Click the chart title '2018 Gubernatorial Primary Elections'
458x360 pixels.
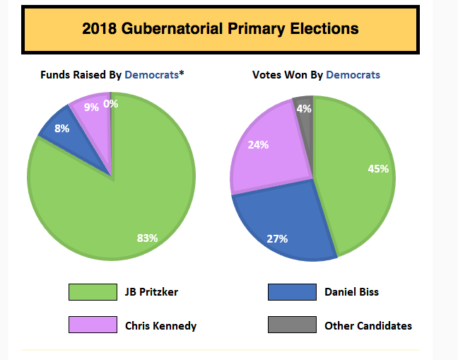pos(220,29)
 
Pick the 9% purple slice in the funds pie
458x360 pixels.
pos(93,113)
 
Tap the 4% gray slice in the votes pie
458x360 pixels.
pos(304,110)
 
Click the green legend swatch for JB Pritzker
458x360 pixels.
pos(93,291)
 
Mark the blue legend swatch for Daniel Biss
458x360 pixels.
pos(292,291)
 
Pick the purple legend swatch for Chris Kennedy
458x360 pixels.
pos(93,325)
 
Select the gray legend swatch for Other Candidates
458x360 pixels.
pos(292,325)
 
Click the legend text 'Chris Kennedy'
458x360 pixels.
pos(160,326)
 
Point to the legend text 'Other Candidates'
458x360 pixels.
pos(368,326)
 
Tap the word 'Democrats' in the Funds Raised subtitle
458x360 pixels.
pos(151,74)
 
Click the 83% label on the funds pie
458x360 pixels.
pos(147,238)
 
